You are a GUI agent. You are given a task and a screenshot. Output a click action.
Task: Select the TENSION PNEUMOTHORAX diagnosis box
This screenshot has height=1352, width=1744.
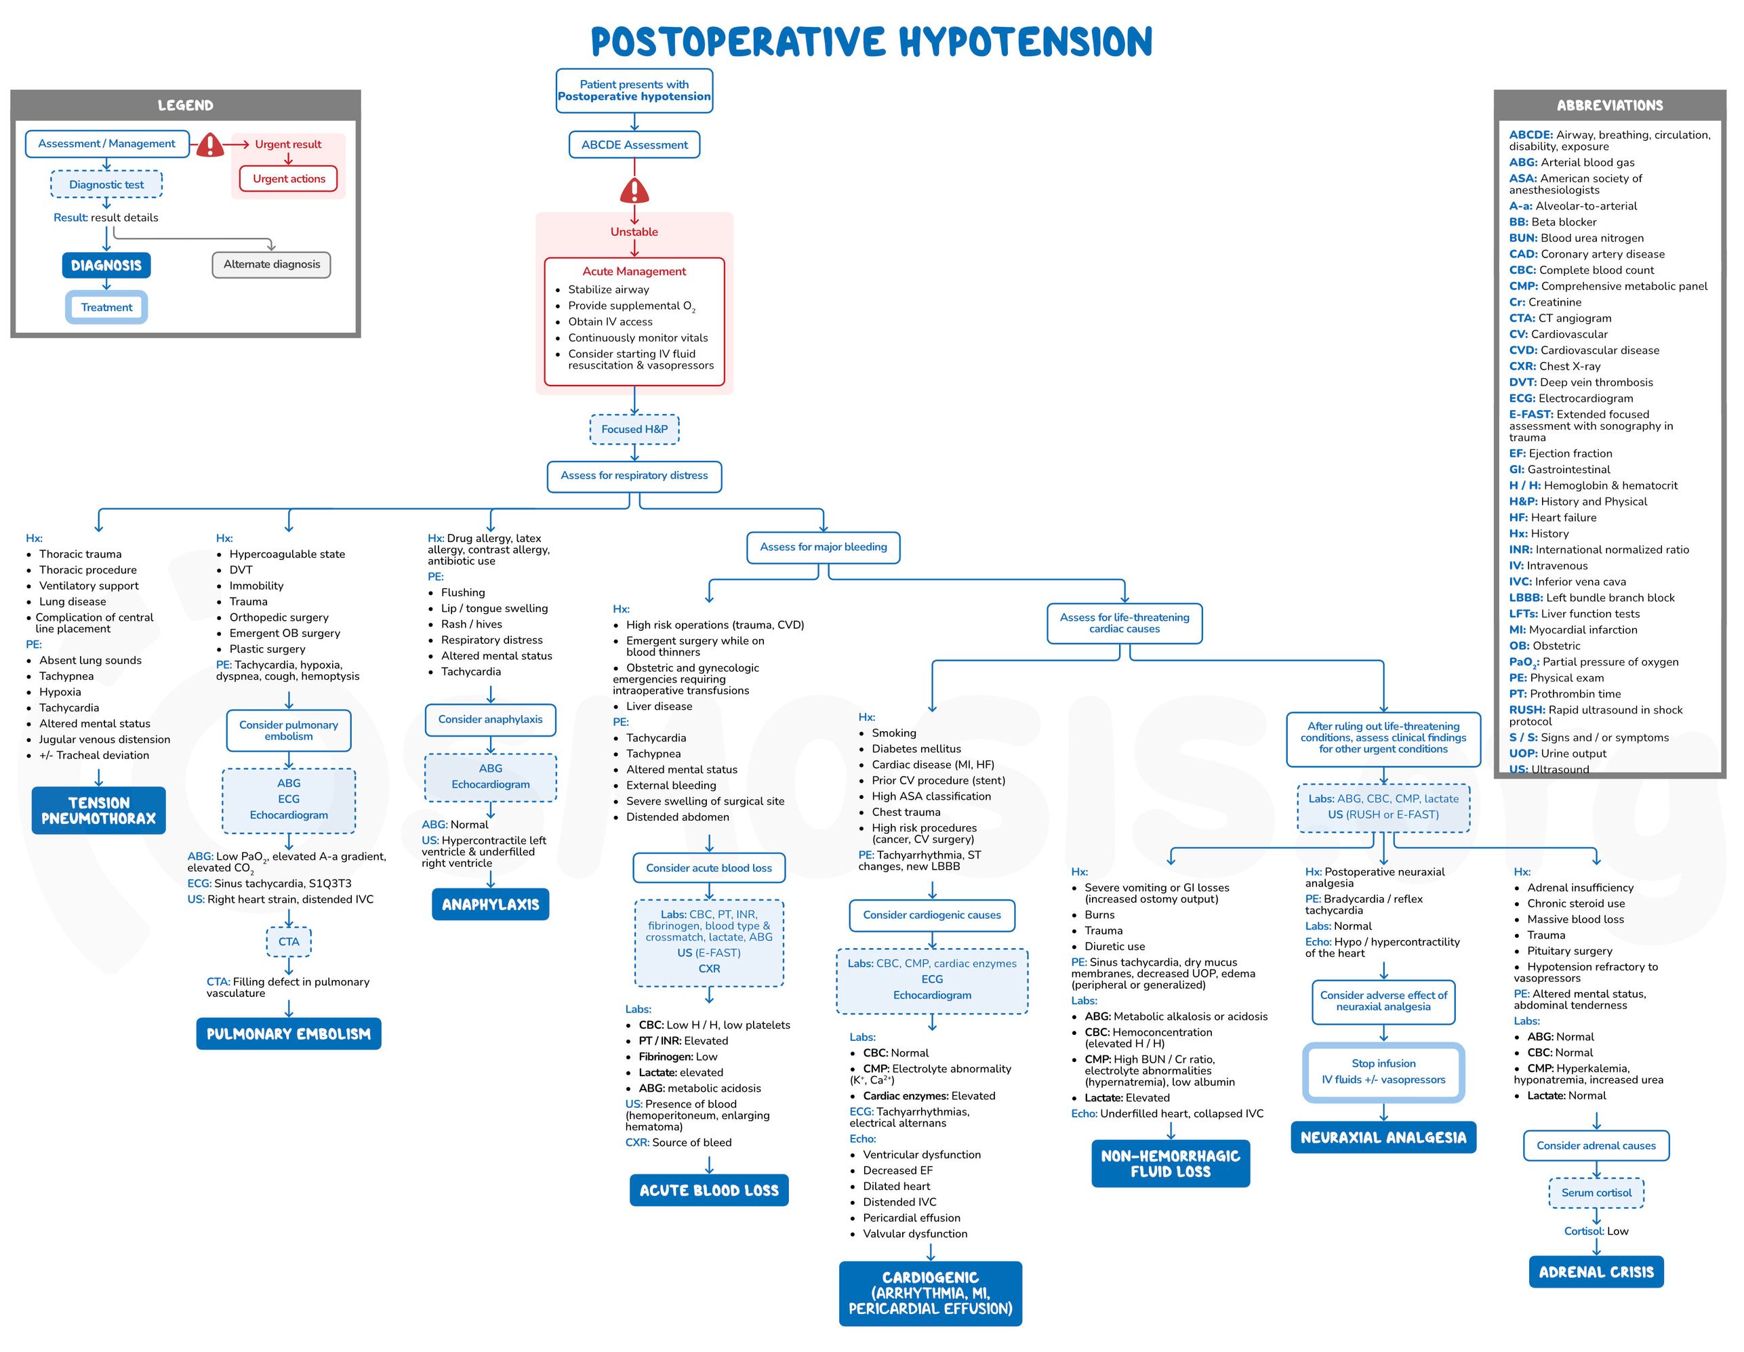[98, 811]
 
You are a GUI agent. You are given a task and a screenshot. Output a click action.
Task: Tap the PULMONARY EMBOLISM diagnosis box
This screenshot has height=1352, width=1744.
[288, 1033]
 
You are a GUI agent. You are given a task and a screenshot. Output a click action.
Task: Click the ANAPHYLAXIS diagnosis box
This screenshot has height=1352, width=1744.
[490, 904]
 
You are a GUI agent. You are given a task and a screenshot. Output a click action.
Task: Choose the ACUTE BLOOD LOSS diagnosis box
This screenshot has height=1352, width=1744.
[708, 1190]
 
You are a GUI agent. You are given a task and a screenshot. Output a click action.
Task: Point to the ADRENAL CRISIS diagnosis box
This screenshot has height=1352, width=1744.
[1596, 1272]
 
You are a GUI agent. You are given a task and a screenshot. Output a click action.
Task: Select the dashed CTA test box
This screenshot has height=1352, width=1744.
[288, 941]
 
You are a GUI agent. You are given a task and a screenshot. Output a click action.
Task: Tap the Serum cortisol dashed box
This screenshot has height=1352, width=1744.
[1596, 1192]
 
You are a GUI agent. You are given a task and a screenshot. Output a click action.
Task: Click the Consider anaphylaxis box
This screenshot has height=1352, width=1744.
[489, 720]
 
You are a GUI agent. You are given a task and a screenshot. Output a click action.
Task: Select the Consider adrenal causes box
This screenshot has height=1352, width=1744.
[1596, 1145]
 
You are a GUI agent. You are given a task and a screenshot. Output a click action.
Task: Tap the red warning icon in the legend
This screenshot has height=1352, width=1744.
[210, 145]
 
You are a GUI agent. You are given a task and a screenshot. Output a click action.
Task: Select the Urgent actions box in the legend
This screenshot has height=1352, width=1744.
[288, 179]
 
